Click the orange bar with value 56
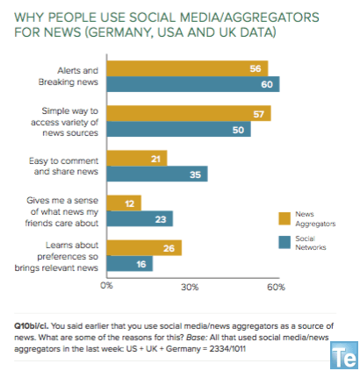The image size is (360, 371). (x=186, y=68)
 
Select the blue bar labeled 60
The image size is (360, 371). (x=192, y=84)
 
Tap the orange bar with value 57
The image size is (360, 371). (x=188, y=113)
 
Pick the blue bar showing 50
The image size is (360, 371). (x=178, y=129)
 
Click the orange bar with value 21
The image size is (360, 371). (x=136, y=158)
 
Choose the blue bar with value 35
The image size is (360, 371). (x=156, y=174)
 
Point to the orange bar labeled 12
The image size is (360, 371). (x=124, y=203)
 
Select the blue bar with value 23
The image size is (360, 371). (x=140, y=218)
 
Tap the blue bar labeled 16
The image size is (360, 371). (x=129, y=263)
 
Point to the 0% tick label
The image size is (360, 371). (x=107, y=285)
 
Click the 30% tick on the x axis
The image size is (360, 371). (x=190, y=285)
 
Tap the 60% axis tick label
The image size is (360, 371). (x=274, y=285)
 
